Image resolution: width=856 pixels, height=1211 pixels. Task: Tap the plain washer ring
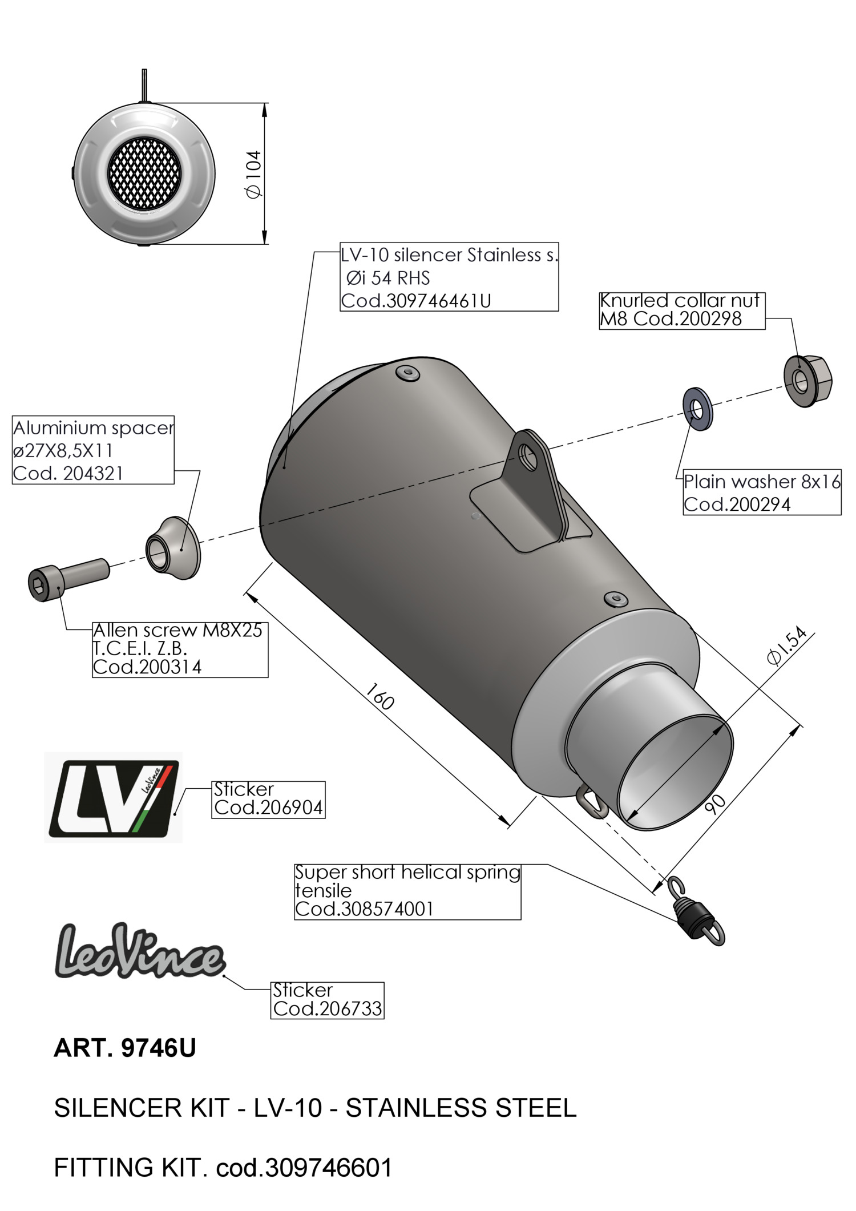tap(697, 409)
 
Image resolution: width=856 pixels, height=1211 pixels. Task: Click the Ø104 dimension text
tap(253, 174)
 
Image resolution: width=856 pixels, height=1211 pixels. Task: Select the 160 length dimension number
tap(379, 696)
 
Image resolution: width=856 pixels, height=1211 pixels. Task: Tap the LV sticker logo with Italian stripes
tap(113, 797)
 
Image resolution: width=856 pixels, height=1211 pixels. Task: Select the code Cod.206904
tap(268, 808)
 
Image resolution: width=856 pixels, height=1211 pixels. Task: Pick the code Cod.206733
tap(327, 1008)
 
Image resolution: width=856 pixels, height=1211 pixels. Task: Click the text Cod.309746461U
tap(416, 301)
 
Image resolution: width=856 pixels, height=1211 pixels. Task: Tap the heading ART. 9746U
tap(124, 1048)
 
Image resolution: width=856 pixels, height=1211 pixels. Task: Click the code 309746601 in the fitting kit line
tap(329, 1168)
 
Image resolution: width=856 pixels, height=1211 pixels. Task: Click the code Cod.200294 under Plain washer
tap(737, 504)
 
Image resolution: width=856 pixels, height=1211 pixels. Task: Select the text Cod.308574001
tap(364, 909)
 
